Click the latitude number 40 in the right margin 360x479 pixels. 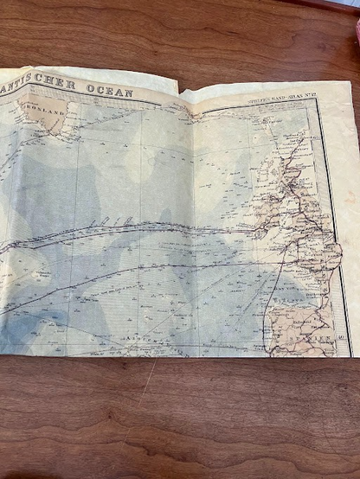343,337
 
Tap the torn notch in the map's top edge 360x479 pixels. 179,89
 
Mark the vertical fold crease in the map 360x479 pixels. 191,225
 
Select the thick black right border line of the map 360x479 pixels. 330,216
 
